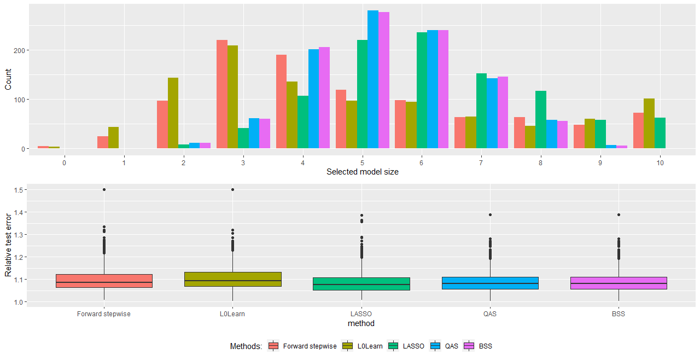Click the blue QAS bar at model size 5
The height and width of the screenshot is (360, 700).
(x=372, y=79)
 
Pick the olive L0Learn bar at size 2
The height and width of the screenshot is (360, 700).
(x=173, y=113)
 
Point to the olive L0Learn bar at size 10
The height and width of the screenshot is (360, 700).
(x=649, y=123)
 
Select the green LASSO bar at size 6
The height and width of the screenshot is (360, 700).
(x=422, y=90)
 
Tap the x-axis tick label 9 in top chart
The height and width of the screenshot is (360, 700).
(x=600, y=163)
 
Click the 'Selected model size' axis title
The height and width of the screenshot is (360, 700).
(x=362, y=172)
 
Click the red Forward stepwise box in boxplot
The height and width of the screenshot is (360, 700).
(x=104, y=281)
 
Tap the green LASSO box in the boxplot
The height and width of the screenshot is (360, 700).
(x=361, y=283)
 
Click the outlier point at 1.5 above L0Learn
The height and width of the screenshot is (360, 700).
(x=232, y=190)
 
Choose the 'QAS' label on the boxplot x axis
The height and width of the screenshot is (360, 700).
(x=490, y=314)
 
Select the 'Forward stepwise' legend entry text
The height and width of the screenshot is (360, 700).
(x=310, y=346)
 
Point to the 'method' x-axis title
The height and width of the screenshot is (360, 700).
(x=361, y=323)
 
